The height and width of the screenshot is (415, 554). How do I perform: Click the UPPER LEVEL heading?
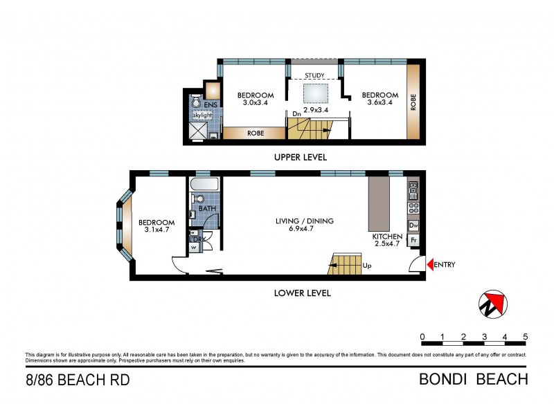(301, 157)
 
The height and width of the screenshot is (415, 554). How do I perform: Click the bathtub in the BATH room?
(204, 185)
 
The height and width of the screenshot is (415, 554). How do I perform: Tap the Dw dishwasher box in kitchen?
(413, 225)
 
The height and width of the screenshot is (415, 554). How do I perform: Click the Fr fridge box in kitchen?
(413, 240)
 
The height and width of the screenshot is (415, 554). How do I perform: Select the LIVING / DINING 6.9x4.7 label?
(304, 225)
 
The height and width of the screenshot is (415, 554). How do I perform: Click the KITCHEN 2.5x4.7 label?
(387, 240)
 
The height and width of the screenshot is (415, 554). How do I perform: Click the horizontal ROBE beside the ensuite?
(254, 132)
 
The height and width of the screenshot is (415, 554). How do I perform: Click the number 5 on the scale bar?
(525, 337)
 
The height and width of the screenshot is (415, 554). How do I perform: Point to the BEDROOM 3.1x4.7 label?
(156, 226)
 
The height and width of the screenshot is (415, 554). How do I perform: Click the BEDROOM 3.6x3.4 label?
(380, 99)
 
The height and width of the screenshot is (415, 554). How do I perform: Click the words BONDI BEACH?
(474, 379)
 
